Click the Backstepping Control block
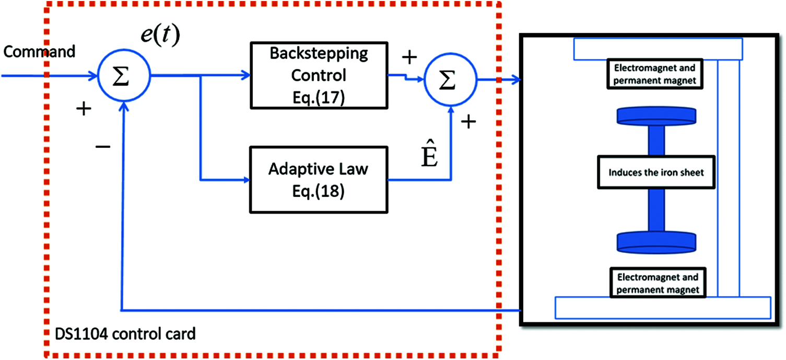(319, 76)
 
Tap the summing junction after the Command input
(124, 76)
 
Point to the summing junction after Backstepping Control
(450, 80)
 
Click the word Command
(39, 52)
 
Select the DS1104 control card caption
(125, 333)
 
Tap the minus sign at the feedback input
(103, 147)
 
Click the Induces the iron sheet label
(656, 172)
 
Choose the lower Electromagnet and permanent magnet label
(656, 282)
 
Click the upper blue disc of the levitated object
(656, 115)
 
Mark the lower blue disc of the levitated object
(656, 241)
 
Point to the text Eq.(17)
(319, 97)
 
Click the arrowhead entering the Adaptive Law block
(246, 181)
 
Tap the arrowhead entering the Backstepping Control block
(246, 76)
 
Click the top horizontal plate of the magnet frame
(658, 49)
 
